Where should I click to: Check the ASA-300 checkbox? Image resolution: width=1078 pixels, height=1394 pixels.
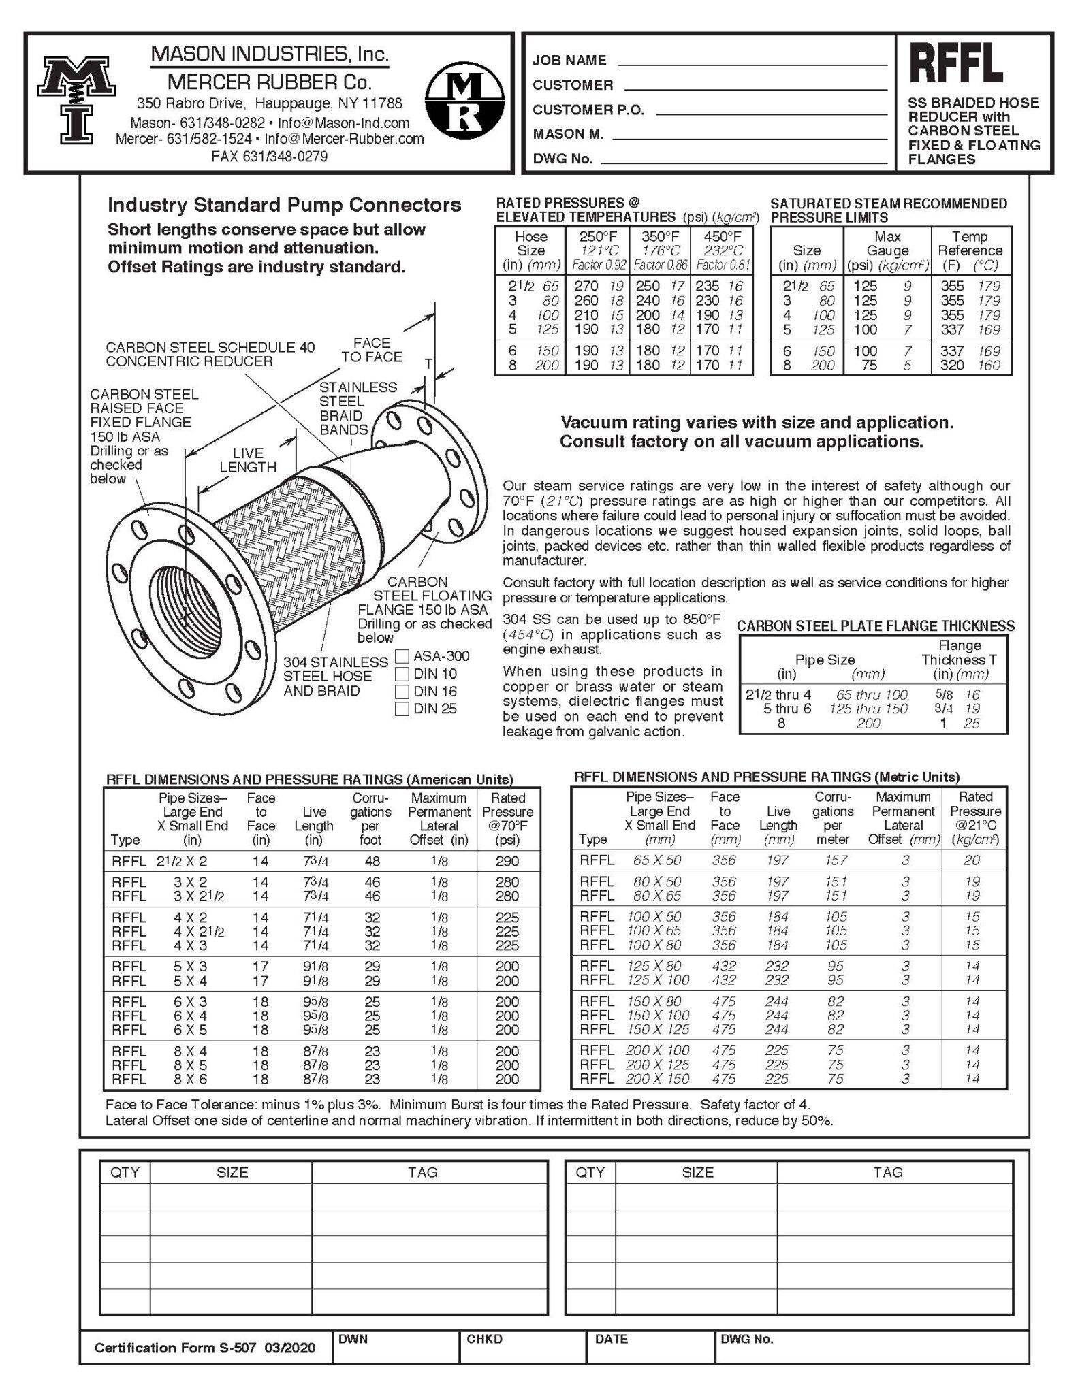point(402,656)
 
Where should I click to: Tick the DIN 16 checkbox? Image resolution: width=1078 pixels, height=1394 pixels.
point(402,692)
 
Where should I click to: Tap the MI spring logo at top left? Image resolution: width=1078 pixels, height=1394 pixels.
point(76,101)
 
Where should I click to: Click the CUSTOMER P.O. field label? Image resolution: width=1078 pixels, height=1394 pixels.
point(588,110)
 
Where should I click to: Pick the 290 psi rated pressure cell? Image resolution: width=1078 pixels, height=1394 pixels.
point(507,861)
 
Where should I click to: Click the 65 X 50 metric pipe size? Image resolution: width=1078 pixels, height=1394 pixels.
point(657,860)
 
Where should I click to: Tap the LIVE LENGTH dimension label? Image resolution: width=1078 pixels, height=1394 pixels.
point(247,460)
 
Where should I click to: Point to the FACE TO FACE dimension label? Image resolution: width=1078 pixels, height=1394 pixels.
point(372,350)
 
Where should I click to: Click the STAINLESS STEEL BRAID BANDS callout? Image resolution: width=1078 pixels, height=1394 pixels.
point(358,408)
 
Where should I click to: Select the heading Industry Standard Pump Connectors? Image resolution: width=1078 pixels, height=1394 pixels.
point(285,205)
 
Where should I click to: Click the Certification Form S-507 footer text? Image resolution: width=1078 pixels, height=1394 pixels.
point(205,1348)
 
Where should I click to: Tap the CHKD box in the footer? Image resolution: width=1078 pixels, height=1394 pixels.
point(522,1347)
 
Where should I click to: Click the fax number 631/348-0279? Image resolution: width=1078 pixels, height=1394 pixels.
point(269,157)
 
